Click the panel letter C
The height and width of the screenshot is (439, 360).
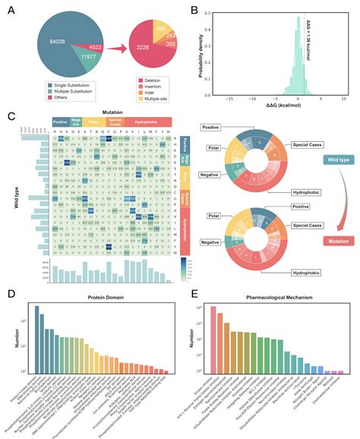(x=10, y=115)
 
